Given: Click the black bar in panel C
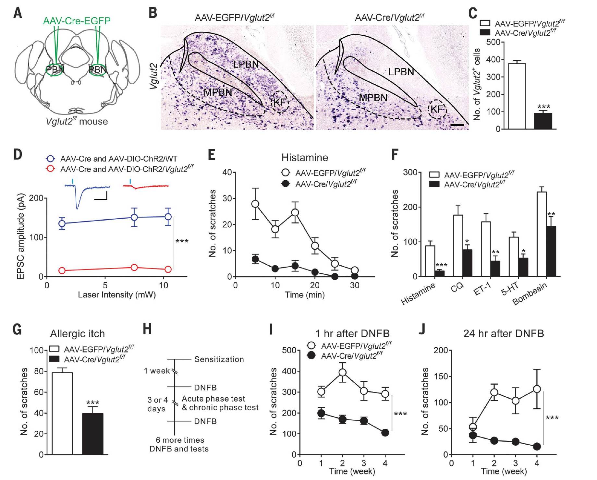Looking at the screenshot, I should coord(543,121).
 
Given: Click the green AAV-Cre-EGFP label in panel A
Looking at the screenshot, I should coord(77,21).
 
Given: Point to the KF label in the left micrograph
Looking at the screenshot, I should coord(279,102).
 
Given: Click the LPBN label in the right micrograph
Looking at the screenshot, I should coord(401,72).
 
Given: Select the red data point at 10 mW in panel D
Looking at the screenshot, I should coord(168,269).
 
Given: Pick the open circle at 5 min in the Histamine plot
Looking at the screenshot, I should coord(255,204).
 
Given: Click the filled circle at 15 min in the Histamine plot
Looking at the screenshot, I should coord(295,266).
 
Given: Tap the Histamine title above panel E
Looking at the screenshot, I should coord(305,158).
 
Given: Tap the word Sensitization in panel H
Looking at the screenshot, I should coord(219,359).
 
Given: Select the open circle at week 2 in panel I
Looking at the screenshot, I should coord(342,372).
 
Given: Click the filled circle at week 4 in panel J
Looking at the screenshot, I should coord(537,447).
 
